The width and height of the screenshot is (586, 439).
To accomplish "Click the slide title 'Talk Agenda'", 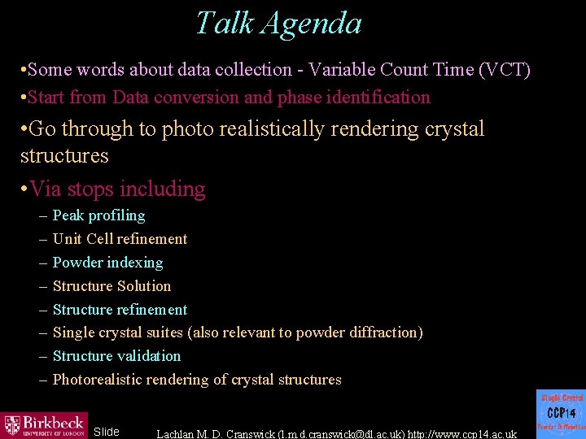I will pos(278,23).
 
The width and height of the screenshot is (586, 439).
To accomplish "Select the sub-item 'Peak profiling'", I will pos(98,215).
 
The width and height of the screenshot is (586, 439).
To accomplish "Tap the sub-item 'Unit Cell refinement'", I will pos(120,239).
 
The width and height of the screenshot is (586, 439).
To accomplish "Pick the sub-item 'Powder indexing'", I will pos(107,263).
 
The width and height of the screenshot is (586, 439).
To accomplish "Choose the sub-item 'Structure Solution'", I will pos(112,286).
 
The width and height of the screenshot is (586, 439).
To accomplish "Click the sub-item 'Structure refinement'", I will pos(120,310).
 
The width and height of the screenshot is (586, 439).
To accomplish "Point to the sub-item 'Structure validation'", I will pos(116,356).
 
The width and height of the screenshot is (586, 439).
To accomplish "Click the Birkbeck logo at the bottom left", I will pos(44,425).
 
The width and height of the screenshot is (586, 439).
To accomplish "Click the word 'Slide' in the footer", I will pos(107,432).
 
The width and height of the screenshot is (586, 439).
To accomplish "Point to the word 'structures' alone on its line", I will pos(64,154).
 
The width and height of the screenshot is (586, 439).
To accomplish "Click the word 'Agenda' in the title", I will pos(313,23).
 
